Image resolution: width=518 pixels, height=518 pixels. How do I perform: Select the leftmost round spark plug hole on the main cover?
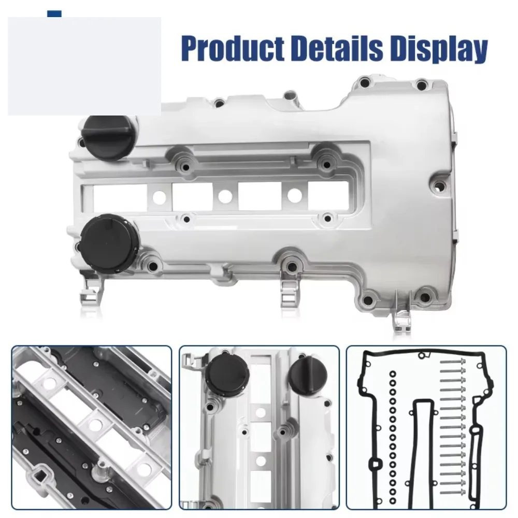pyautogui.click(x=159, y=197)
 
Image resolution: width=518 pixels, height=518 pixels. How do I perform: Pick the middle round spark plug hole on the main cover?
pyautogui.click(x=225, y=197)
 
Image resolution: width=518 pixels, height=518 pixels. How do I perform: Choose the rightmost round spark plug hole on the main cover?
pyautogui.click(x=295, y=196)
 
